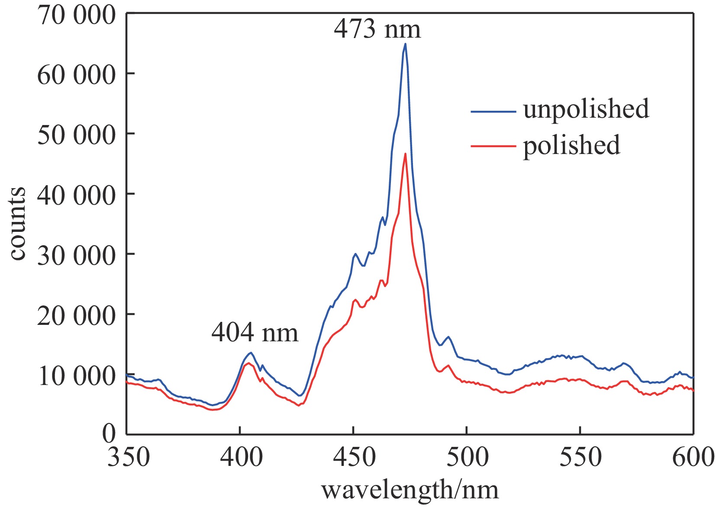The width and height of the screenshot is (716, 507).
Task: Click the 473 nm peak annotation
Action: [x=377, y=29]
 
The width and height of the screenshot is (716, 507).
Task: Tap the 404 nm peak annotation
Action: [x=255, y=333]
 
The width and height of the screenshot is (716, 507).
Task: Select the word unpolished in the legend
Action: [x=586, y=109]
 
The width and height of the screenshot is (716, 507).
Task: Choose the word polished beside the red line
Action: [x=571, y=145]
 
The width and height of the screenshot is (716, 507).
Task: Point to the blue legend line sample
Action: [x=493, y=112]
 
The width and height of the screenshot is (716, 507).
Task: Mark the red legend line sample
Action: [x=493, y=146]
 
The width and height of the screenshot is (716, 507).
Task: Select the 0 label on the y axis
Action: [x=109, y=433]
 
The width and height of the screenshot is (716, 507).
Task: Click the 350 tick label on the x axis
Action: [x=129, y=457]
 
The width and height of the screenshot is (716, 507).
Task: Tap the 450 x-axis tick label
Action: [x=354, y=457]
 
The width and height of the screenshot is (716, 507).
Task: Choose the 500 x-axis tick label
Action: [x=467, y=457]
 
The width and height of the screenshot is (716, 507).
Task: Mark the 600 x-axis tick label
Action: [x=693, y=457]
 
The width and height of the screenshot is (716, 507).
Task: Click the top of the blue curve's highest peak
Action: [x=405, y=44]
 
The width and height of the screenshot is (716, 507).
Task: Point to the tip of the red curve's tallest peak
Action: [x=405, y=154]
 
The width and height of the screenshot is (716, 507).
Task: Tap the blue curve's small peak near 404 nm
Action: [x=250, y=353]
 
